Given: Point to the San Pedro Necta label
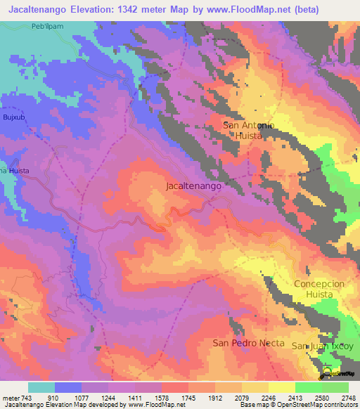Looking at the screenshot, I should point(249,343).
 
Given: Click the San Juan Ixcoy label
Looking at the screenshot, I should point(319,346).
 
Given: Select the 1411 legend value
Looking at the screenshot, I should point(136,397).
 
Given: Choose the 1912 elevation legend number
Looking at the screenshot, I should point(216,397).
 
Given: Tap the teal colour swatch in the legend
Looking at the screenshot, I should point(41,387).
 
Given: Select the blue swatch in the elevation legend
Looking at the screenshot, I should point(68,387).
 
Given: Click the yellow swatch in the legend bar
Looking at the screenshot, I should point(282,387).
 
